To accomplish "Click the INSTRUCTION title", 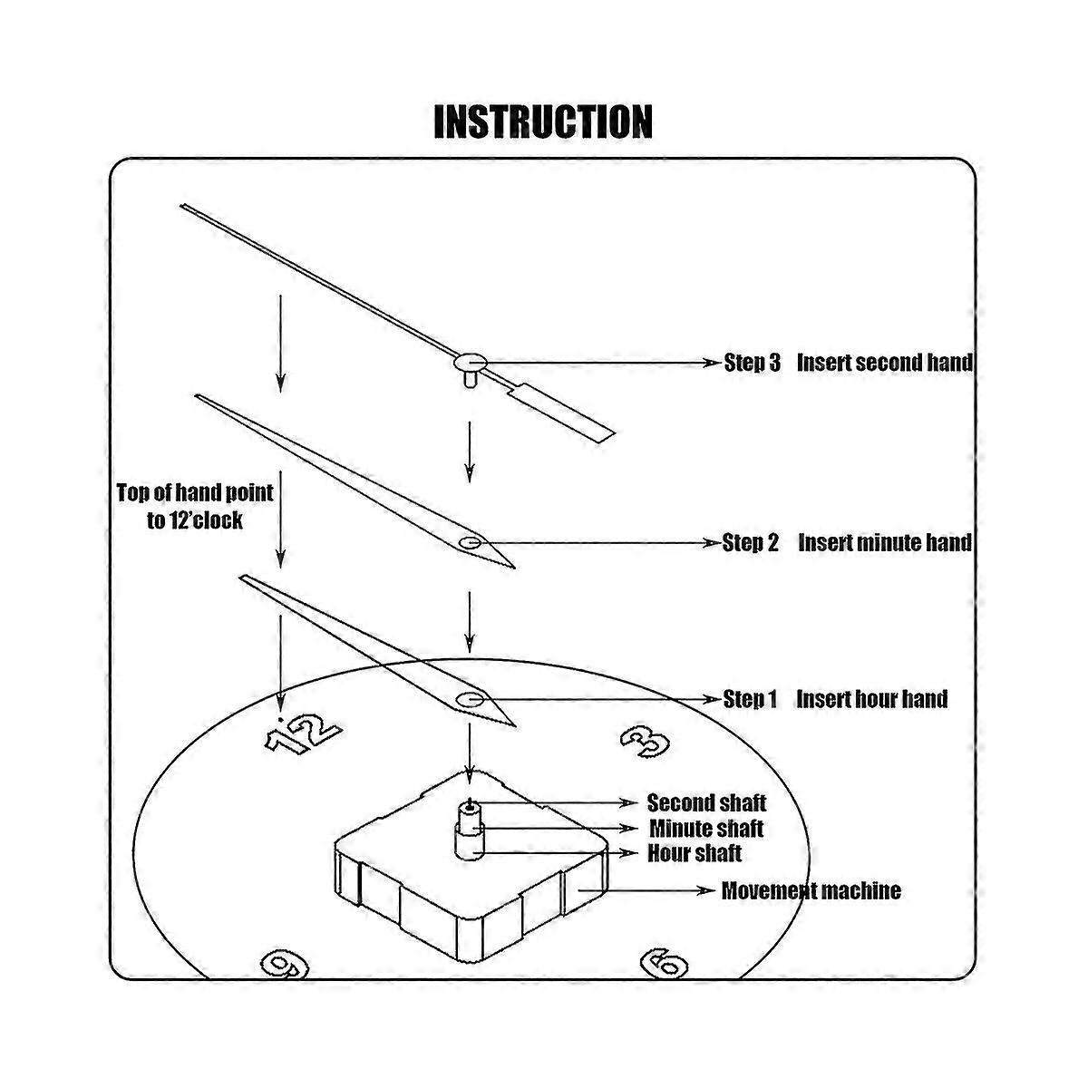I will tap(543, 121).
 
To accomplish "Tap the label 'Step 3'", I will tap(752, 363).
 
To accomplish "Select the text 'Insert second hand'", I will tap(884, 363).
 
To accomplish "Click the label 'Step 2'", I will tap(751, 543).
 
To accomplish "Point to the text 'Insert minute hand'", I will tap(884, 543).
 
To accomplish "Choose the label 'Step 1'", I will tap(751, 699).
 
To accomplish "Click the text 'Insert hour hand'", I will tap(872, 699).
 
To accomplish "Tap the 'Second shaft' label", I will tap(706, 803).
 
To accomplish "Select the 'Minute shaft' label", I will tap(706, 829).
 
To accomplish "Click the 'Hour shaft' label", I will tap(695, 853).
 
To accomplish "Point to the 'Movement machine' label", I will tap(811, 890).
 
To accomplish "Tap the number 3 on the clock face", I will tap(646, 742).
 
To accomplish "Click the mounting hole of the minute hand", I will tap(470, 542).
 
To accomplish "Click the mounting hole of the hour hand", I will tap(470, 699).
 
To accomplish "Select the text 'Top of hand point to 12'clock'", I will tap(195, 506).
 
